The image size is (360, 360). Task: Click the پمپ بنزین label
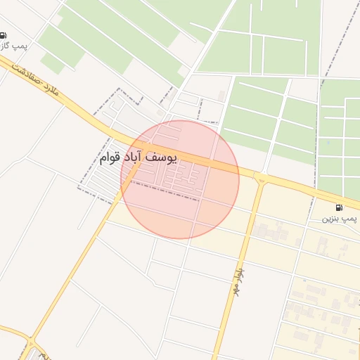(x=340, y=219)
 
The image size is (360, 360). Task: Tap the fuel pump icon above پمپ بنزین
(x=340, y=207)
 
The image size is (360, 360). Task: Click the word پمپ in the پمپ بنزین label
(x=351, y=219)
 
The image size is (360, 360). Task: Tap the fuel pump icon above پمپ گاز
(x=4, y=35)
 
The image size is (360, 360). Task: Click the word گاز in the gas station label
(x=4, y=46)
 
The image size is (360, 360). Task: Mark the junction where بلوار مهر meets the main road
(x=261, y=177)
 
